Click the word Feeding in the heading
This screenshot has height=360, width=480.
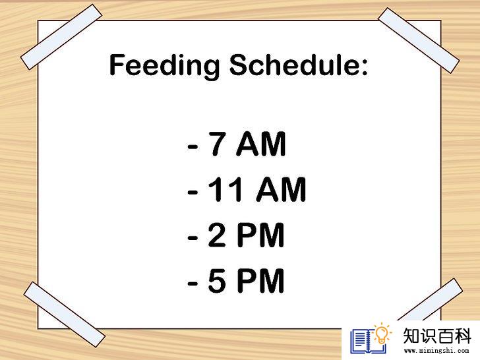(165, 65)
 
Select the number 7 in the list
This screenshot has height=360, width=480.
(218, 144)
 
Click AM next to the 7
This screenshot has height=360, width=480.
(261, 144)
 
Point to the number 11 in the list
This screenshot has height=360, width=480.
(227, 189)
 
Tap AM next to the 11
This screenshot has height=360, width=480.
(282, 189)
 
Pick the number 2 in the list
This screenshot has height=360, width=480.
(218, 235)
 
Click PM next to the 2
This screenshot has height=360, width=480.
(261, 235)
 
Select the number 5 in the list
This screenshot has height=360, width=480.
(218, 280)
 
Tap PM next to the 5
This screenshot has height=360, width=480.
(261, 280)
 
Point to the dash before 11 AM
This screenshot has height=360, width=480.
(193, 193)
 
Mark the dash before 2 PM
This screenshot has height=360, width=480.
(193, 238)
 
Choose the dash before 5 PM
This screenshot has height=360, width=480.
(193, 284)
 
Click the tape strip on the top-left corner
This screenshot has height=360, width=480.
(61, 37)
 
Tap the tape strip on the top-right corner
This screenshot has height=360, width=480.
(419, 40)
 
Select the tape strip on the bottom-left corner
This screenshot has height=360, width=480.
(65, 315)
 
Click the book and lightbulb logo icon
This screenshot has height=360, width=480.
(371, 339)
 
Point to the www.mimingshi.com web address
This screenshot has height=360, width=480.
(436, 351)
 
